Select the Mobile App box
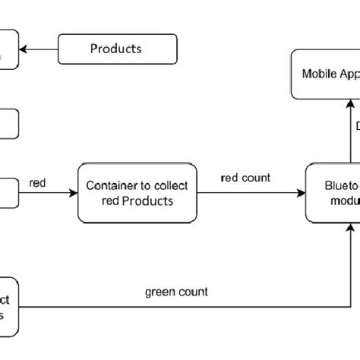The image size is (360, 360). click(x=325, y=74)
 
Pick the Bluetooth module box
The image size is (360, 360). click(x=333, y=194)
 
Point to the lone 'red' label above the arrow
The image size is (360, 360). click(x=37, y=182)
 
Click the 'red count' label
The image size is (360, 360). click(x=245, y=178)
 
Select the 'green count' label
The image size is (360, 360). click(x=176, y=292)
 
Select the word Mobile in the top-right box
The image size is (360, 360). click(x=318, y=74)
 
